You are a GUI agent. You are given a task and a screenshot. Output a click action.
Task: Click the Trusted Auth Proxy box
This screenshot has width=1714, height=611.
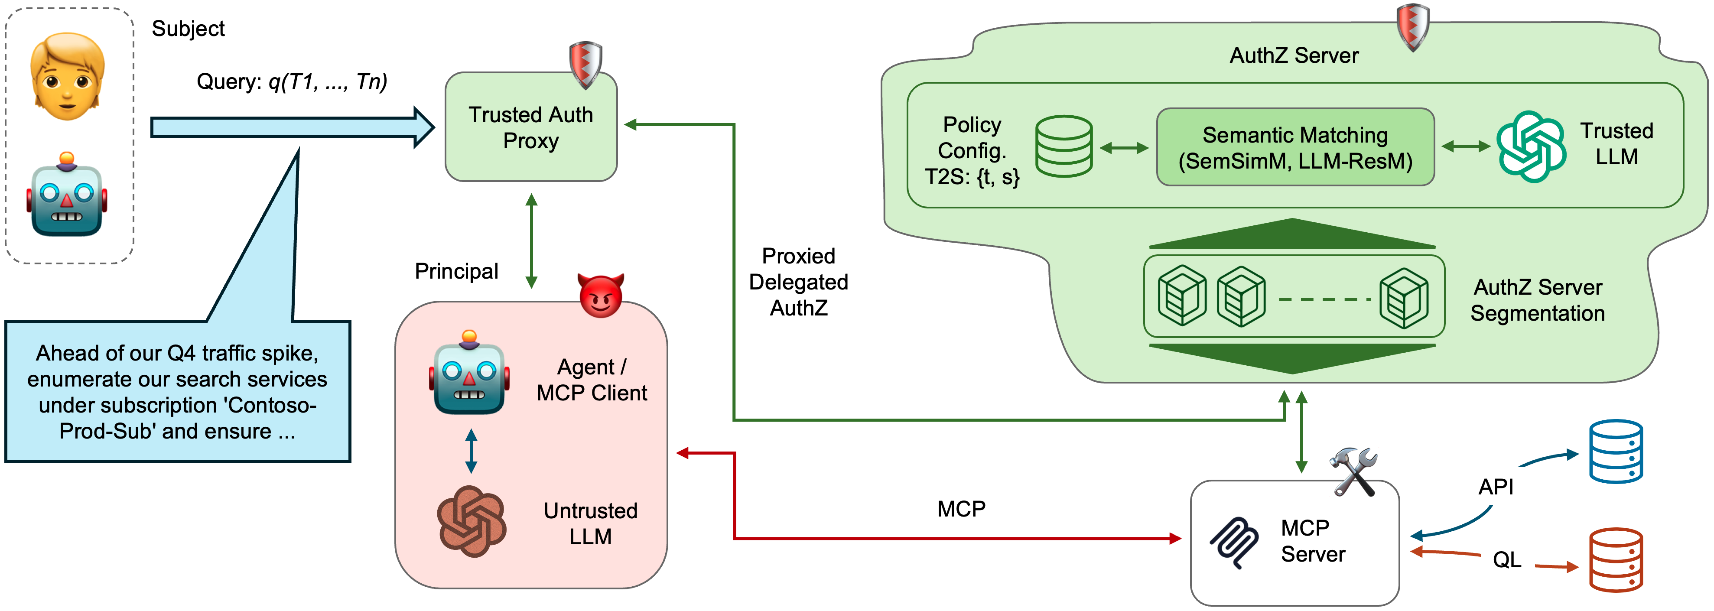[x=530, y=128]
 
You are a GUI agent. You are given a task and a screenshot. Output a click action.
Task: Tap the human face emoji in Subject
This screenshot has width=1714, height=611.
[x=67, y=77]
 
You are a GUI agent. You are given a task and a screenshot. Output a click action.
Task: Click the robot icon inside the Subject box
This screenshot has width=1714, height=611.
[x=67, y=195]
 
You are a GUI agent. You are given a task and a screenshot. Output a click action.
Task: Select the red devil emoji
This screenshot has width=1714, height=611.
[x=601, y=296]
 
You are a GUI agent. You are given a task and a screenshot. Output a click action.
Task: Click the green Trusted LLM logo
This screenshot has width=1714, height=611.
[x=1530, y=146]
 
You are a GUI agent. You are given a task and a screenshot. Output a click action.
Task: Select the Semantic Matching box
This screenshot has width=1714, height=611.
[x=1295, y=147]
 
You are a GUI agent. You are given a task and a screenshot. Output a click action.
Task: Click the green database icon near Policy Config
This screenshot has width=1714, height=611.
[x=1063, y=146]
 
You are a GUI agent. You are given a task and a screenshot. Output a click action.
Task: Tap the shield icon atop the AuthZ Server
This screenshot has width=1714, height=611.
[x=1412, y=26]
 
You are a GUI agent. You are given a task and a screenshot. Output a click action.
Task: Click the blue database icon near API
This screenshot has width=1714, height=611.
[x=1616, y=451]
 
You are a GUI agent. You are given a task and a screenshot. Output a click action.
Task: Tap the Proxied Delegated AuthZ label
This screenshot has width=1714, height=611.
[x=798, y=282]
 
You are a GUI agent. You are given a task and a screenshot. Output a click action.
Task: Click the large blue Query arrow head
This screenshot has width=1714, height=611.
[x=423, y=127]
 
